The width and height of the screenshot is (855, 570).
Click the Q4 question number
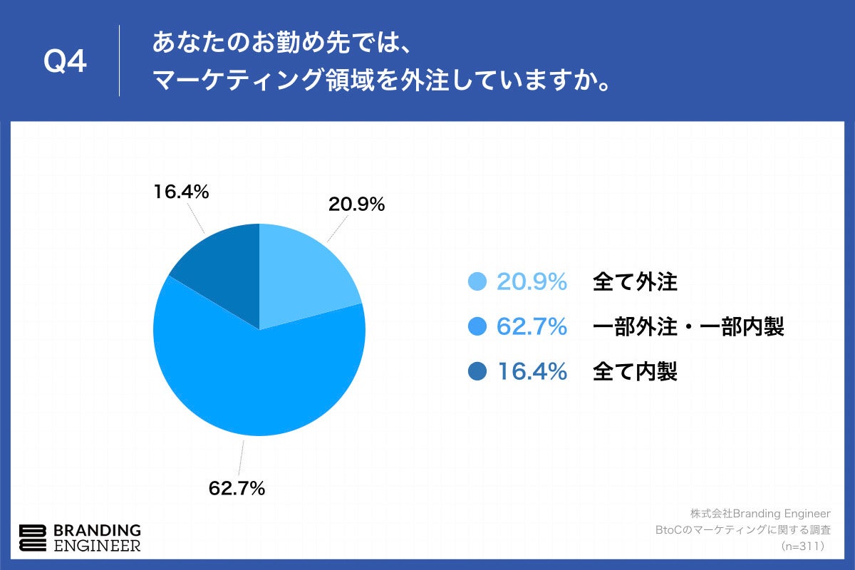[x=66, y=62]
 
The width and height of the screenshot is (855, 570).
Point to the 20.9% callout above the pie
[x=356, y=204]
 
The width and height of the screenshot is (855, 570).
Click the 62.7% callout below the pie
[x=237, y=488]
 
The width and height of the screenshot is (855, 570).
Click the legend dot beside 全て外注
[x=478, y=283]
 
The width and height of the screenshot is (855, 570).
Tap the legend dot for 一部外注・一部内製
[x=478, y=327]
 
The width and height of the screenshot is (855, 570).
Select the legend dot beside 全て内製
[x=478, y=371]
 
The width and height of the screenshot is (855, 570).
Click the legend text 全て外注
[x=635, y=283]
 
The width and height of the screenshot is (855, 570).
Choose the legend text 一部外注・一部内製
[x=688, y=327]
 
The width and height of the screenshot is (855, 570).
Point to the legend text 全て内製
[x=635, y=371]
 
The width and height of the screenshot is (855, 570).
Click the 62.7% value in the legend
[x=532, y=327]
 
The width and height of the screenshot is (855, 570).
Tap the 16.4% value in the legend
[x=532, y=371]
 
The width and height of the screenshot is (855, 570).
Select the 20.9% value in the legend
[x=532, y=283]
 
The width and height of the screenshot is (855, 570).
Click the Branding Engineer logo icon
[x=33, y=538]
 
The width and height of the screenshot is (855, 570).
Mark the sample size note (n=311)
[x=803, y=546]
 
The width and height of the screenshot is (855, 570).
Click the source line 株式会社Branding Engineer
[x=760, y=514]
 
